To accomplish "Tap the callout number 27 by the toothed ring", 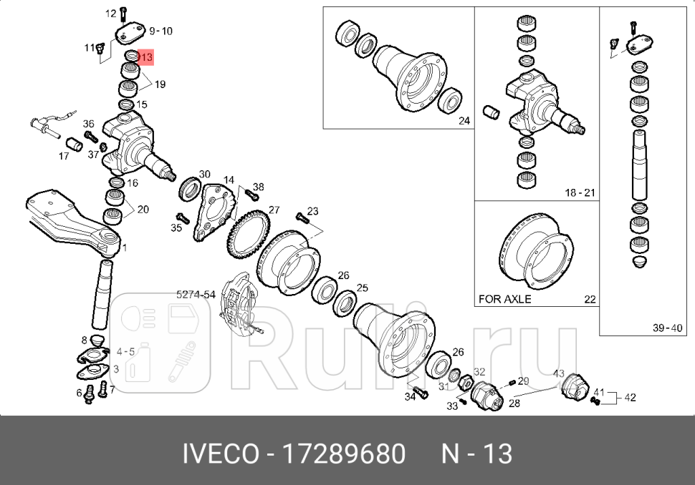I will (274, 210).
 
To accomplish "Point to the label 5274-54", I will (196, 294).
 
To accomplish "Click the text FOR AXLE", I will (504, 299).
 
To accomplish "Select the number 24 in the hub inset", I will (464, 121).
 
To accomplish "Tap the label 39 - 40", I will (667, 328).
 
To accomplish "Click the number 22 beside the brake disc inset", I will (589, 299).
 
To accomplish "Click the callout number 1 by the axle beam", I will (125, 248).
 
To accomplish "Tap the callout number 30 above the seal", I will (204, 175).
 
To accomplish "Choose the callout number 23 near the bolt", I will (312, 211).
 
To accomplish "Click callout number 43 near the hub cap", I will (559, 373).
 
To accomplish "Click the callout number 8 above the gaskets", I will (84, 340).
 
